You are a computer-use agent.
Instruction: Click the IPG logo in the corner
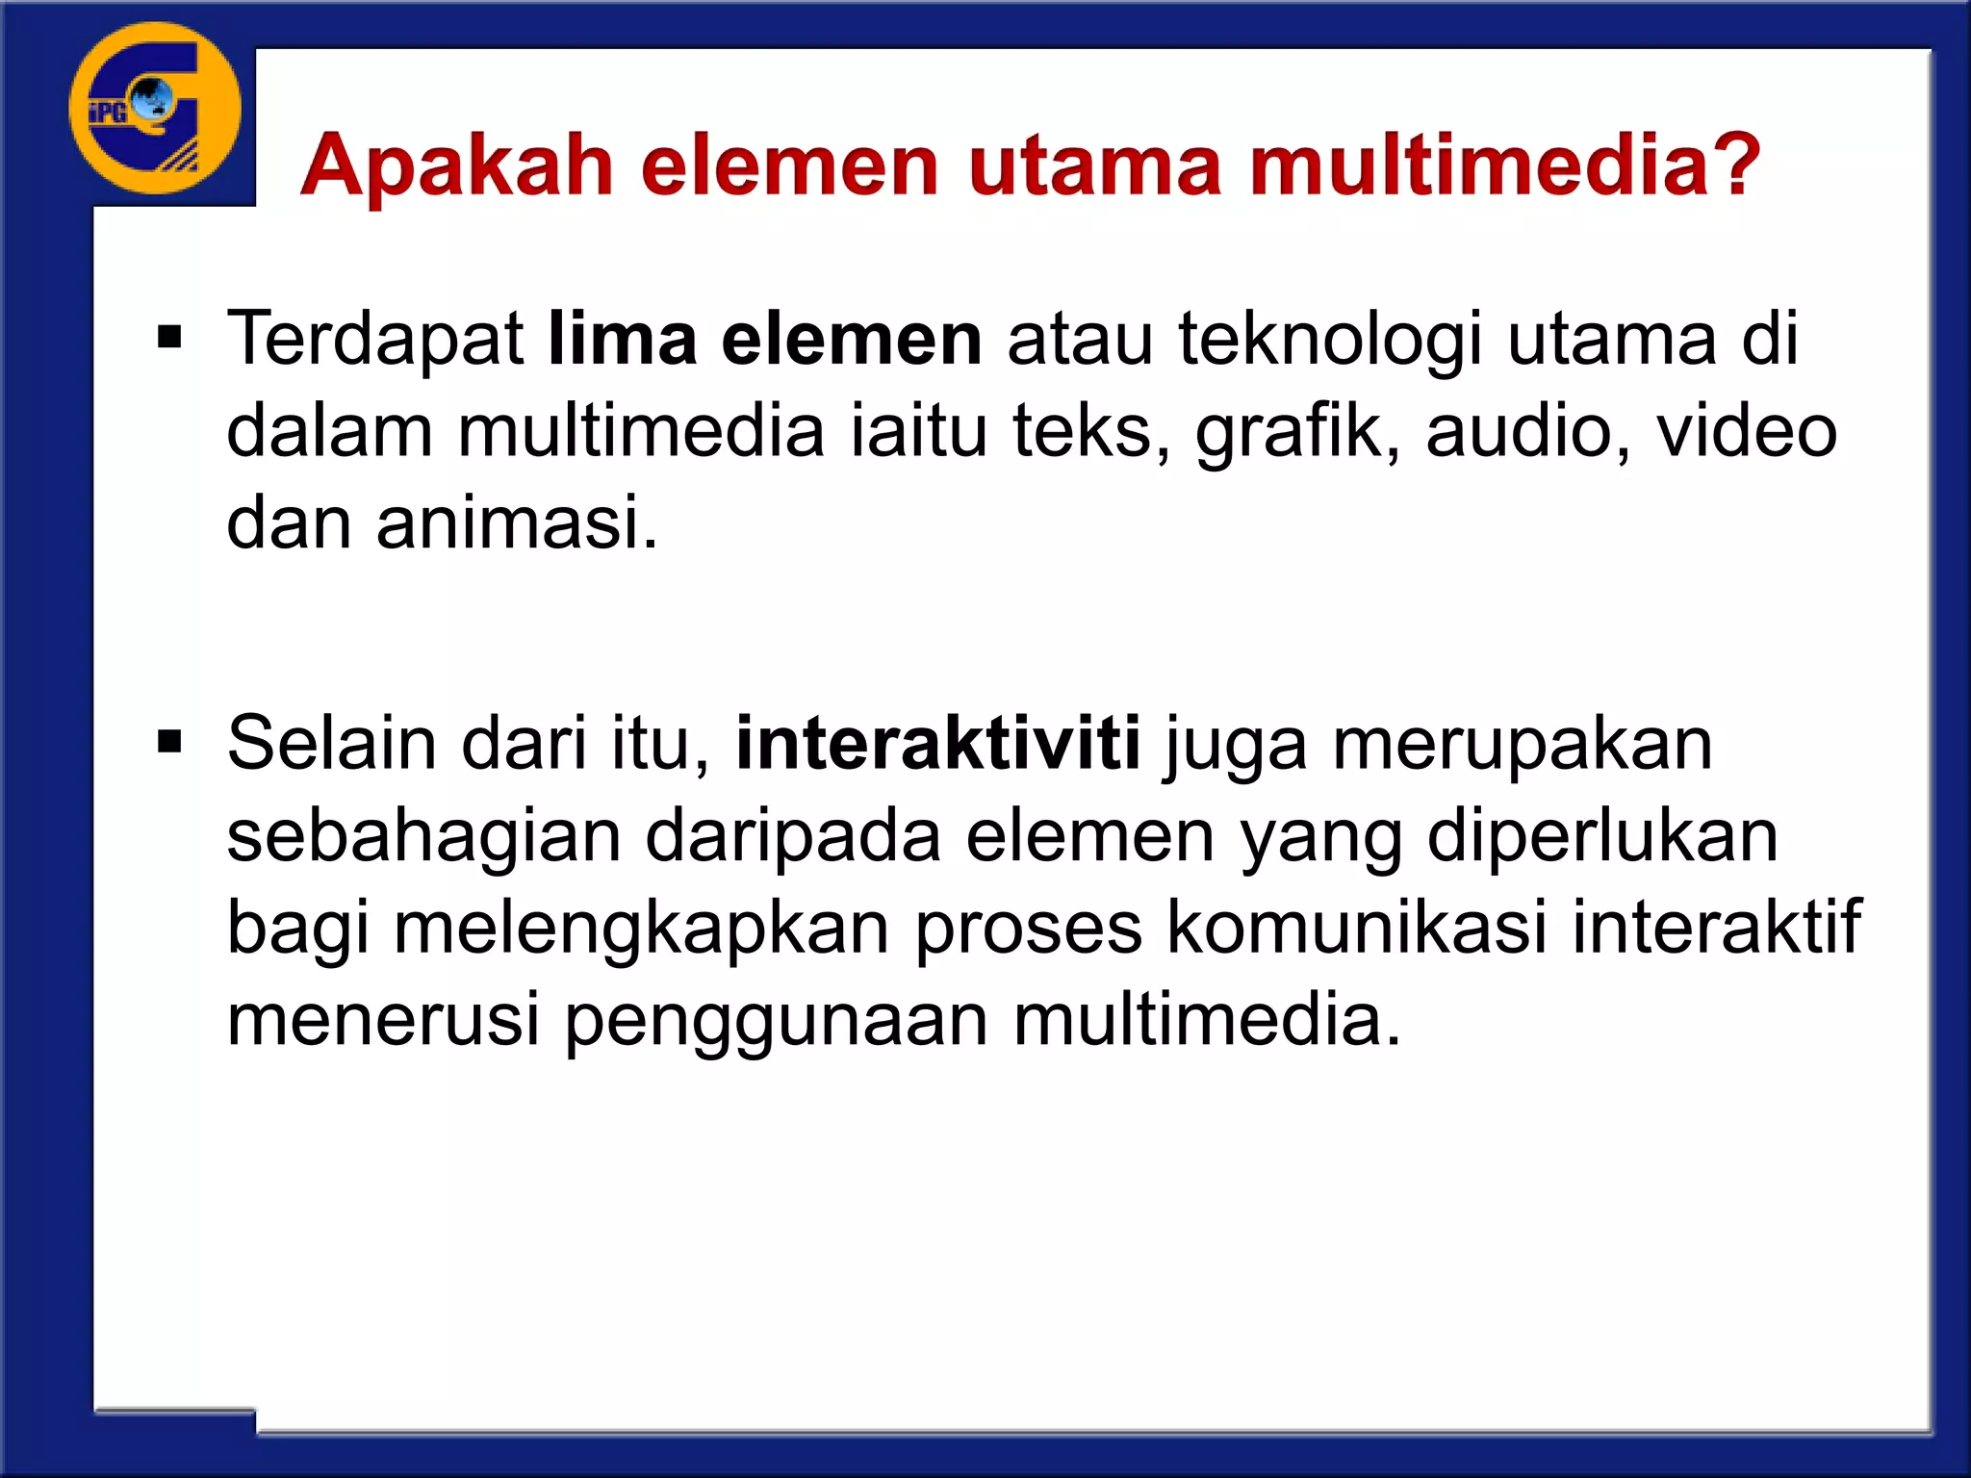click(154, 108)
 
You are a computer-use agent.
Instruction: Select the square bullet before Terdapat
click(169, 339)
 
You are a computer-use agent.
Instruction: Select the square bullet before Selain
click(169, 743)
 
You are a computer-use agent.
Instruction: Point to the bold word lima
click(622, 339)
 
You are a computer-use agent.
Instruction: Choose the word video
click(1746, 431)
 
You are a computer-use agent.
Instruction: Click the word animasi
click(517, 522)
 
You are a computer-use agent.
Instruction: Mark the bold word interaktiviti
click(937, 743)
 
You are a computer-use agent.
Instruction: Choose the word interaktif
click(1717, 926)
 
